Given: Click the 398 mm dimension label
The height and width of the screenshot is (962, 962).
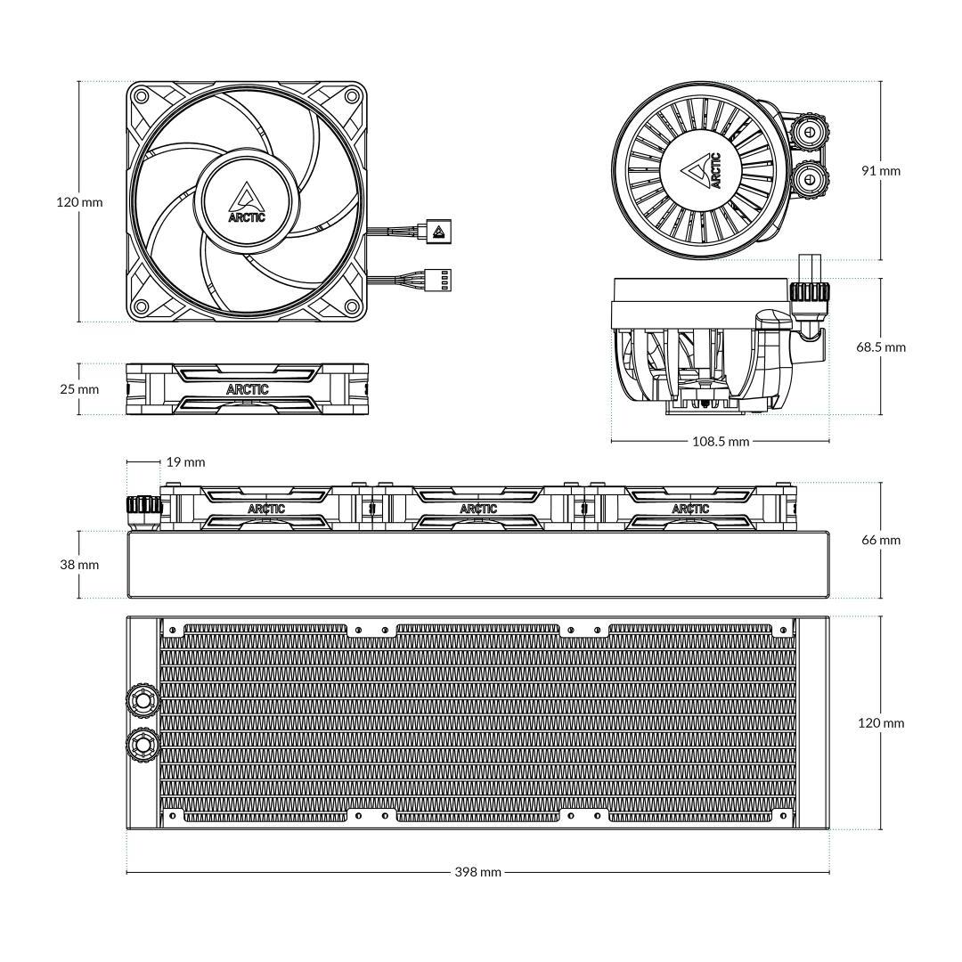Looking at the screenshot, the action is [477, 872].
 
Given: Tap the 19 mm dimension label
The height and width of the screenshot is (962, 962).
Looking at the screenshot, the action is [185, 462].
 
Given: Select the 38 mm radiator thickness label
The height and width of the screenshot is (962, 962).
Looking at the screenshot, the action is [79, 565].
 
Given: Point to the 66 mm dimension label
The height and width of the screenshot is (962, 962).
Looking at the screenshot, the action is [881, 540].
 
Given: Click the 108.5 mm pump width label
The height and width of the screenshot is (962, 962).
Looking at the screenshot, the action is [721, 441].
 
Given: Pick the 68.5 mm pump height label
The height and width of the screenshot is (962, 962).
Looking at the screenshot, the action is [881, 347].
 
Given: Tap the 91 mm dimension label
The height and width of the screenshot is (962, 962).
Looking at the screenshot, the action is [881, 170].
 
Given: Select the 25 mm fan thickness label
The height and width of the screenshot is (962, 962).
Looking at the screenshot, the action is [79, 389].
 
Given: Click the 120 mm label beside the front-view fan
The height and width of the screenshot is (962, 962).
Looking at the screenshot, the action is [80, 202].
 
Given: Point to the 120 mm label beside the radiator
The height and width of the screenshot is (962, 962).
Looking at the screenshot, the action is [881, 722].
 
